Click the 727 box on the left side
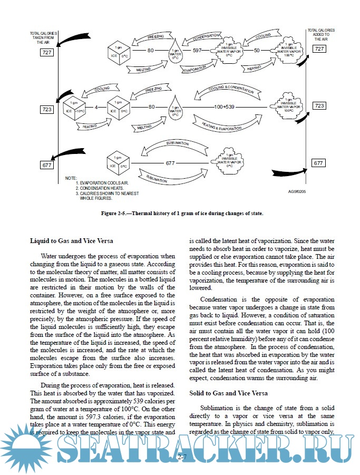coord(46,53)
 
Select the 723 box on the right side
coord(319,106)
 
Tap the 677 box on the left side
coord(46,166)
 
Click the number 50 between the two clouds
coord(257,50)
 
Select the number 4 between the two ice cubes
coord(96,107)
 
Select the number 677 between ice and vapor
coord(170,163)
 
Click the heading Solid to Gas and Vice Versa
coord(228,394)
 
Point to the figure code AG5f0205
coord(297,192)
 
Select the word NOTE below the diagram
coord(71,178)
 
